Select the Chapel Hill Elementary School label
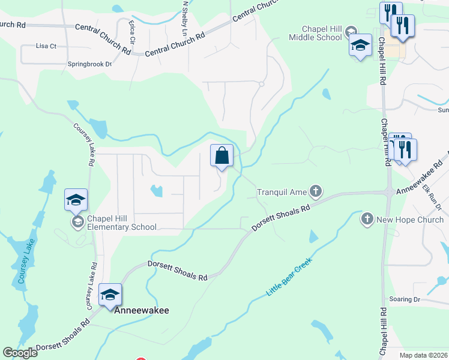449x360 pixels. pos(122,223)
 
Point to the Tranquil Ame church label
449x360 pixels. pos(282,192)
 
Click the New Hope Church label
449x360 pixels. pos(410,220)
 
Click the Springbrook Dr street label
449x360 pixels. pos(90,64)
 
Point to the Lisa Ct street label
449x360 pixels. pos(46,46)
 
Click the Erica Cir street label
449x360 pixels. pos(131,34)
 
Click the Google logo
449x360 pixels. pos(20,353)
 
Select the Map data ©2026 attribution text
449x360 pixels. pos(423,355)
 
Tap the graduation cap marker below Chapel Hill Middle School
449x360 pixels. pos(360,46)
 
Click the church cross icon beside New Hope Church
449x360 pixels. pos(367,220)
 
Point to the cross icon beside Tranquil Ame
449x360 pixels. pos(316,192)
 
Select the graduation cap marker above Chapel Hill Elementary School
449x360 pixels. pos(76,200)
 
